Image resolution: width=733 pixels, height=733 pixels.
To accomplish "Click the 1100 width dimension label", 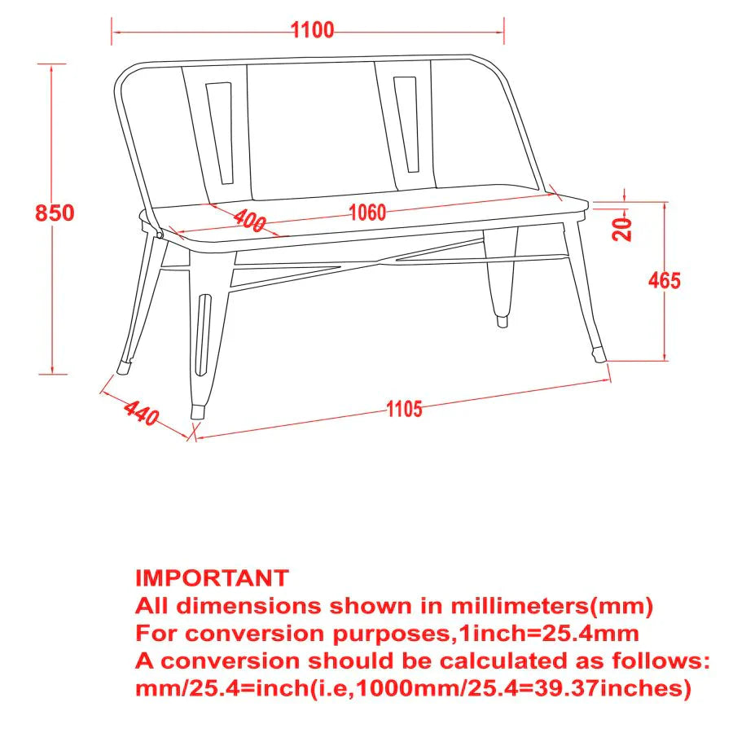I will click(x=312, y=31).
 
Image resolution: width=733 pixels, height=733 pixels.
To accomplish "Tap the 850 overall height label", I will click(x=55, y=213).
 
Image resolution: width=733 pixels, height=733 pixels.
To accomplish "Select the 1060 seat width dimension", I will click(x=366, y=213).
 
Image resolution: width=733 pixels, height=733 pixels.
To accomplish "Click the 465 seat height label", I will click(x=665, y=281).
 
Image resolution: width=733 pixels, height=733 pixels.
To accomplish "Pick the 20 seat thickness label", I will click(x=623, y=230).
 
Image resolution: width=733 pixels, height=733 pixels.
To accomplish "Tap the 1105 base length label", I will click(x=404, y=409).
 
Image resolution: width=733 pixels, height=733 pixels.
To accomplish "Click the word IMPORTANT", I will click(x=212, y=578).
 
